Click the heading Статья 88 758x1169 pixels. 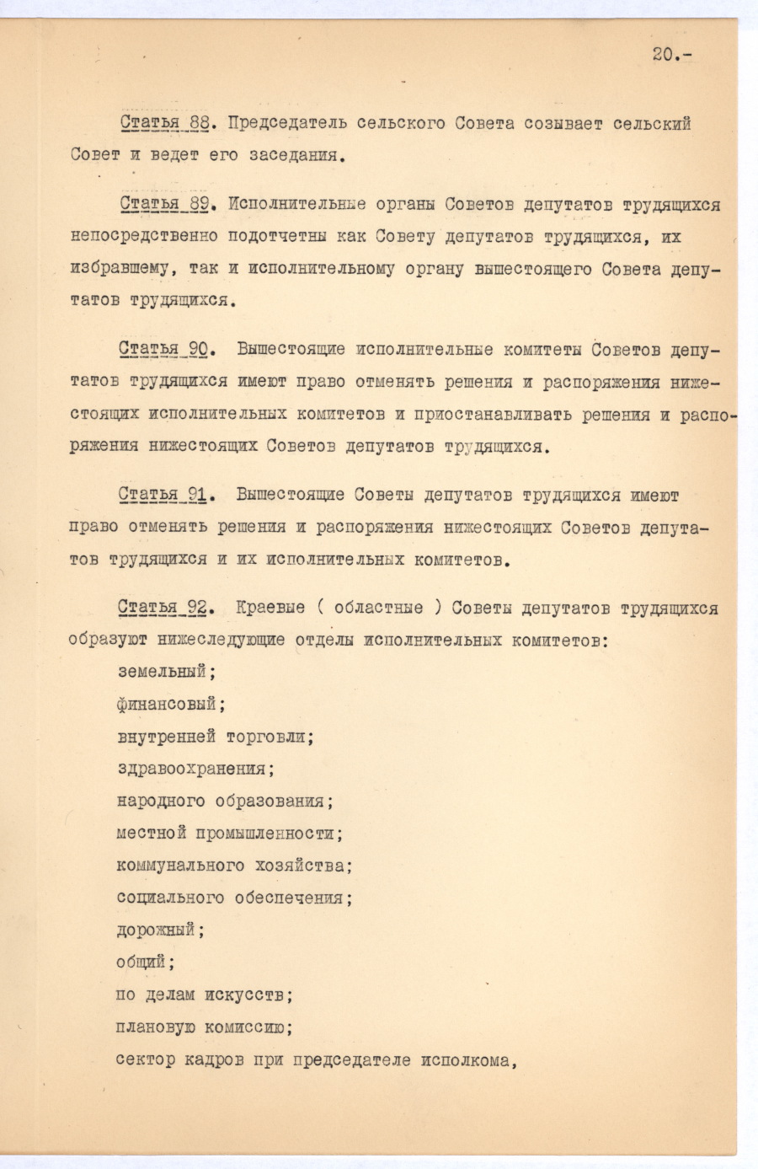click(165, 124)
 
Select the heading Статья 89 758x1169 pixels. click(164, 205)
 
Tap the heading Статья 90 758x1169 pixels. click(164, 349)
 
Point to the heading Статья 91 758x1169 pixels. click(163, 495)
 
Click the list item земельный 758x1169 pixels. click(164, 672)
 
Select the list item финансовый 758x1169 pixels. click(169, 704)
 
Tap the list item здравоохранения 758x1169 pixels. click(194, 769)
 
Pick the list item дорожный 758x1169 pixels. click(158, 930)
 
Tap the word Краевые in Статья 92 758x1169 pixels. click(270, 608)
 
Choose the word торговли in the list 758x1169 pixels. click(269, 736)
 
